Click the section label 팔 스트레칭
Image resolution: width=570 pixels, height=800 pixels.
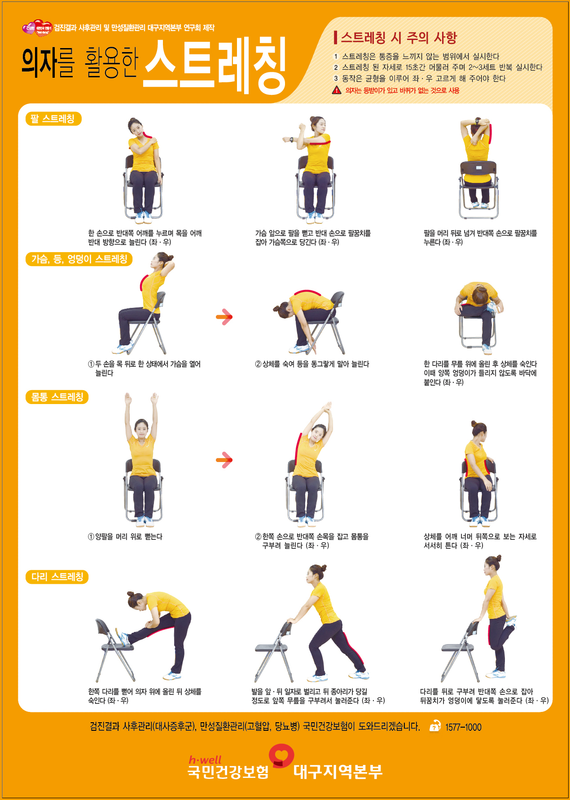[53, 119]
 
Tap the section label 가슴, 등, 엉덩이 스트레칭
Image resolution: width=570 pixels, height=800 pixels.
[79, 259]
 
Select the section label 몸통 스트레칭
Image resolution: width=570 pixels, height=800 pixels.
[57, 397]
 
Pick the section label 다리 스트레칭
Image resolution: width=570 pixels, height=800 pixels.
[57, 577]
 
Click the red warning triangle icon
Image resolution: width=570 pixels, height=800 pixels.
[337, 90]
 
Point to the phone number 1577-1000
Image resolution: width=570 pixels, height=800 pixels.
[463, 727]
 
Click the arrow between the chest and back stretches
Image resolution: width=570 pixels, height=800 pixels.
[224, 317]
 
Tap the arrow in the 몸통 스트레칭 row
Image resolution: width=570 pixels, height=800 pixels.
[224, 460]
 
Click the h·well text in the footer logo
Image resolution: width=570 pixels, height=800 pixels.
[205, 760]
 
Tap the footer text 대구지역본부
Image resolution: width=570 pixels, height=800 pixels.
[338, 772]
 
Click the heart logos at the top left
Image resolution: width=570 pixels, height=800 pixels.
[37, 28]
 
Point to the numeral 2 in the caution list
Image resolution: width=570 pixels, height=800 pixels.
[335, 67]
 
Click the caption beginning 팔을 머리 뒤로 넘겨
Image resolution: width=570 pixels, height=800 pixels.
[480, 238]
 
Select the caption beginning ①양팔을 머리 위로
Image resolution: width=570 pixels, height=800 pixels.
[125, 537]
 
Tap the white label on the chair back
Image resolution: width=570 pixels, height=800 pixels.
[479, 168]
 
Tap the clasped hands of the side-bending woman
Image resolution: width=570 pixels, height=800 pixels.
[328, 407]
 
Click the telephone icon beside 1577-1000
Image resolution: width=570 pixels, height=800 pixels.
[435, 726]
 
